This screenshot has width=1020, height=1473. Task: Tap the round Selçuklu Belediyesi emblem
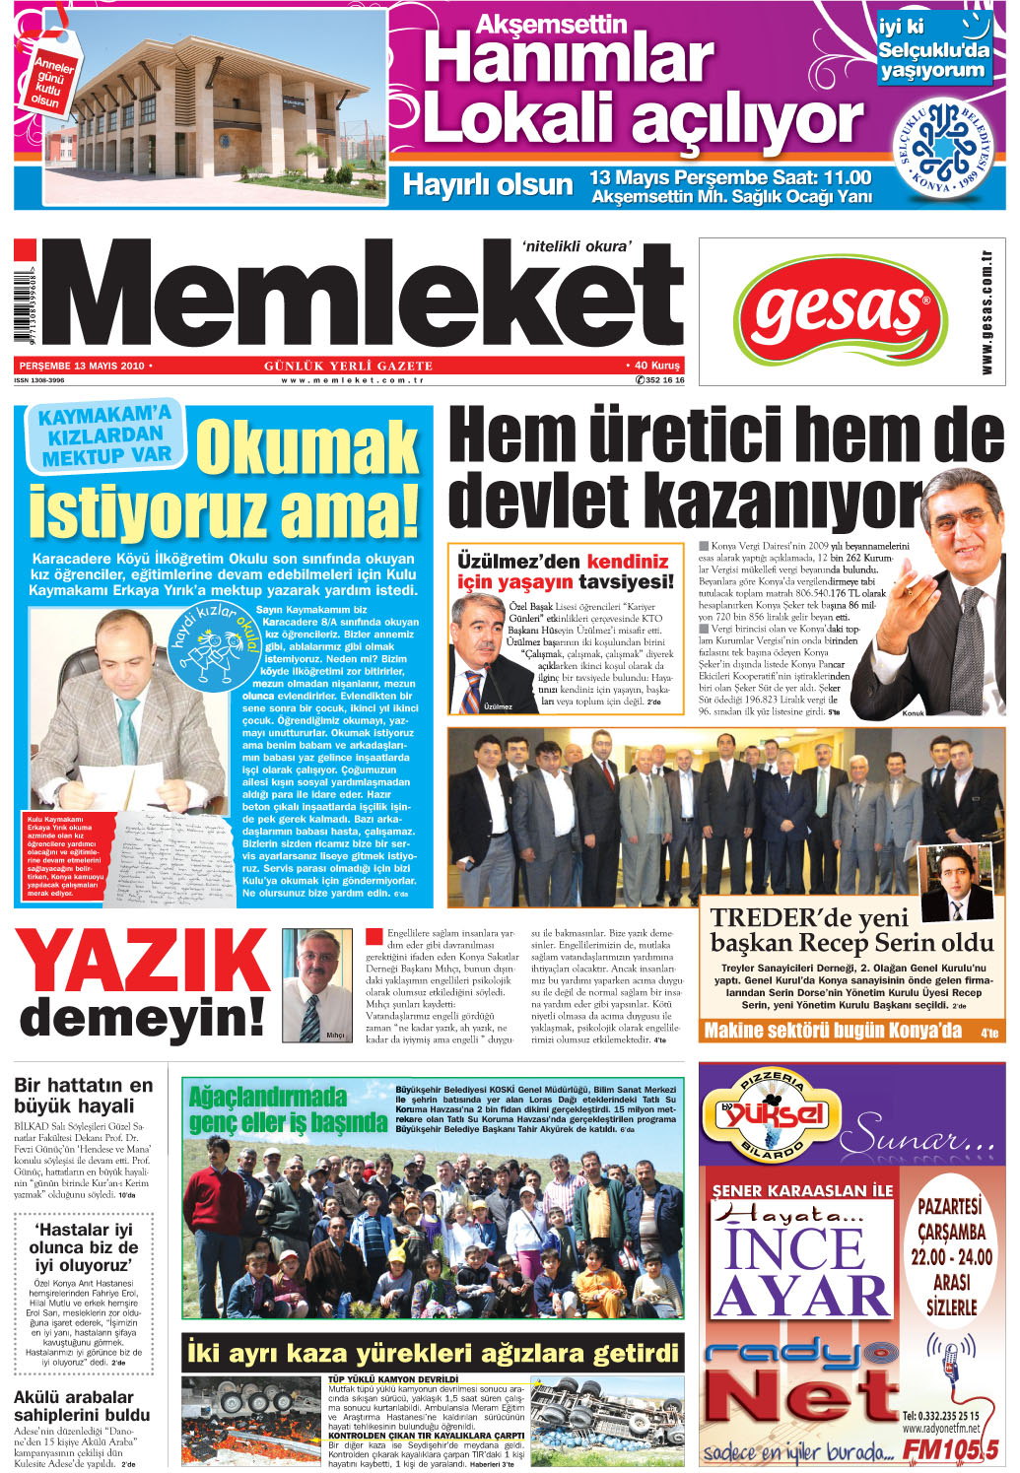point(943,148)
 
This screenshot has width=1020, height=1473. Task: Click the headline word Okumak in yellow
point(307,448)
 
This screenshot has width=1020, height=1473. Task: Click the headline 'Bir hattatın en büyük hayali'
point(84,1095)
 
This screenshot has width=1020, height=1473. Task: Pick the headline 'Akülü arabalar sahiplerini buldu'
point(82,1406)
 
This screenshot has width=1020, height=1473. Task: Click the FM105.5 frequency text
point(951,1449)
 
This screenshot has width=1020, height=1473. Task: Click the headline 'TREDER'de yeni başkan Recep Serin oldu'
point(851,930)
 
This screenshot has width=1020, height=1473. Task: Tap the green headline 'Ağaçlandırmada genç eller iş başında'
point(287,1108)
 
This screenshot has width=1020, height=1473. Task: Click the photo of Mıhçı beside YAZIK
point(317,984)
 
